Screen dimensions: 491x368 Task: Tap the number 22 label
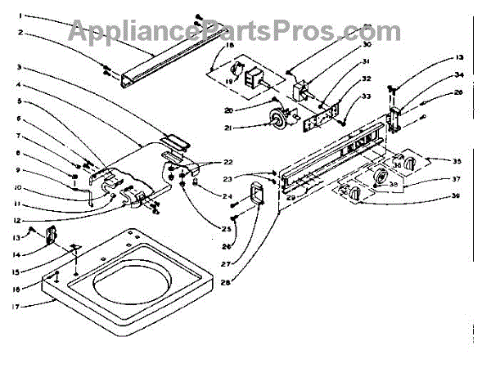[x=229, y=161]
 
